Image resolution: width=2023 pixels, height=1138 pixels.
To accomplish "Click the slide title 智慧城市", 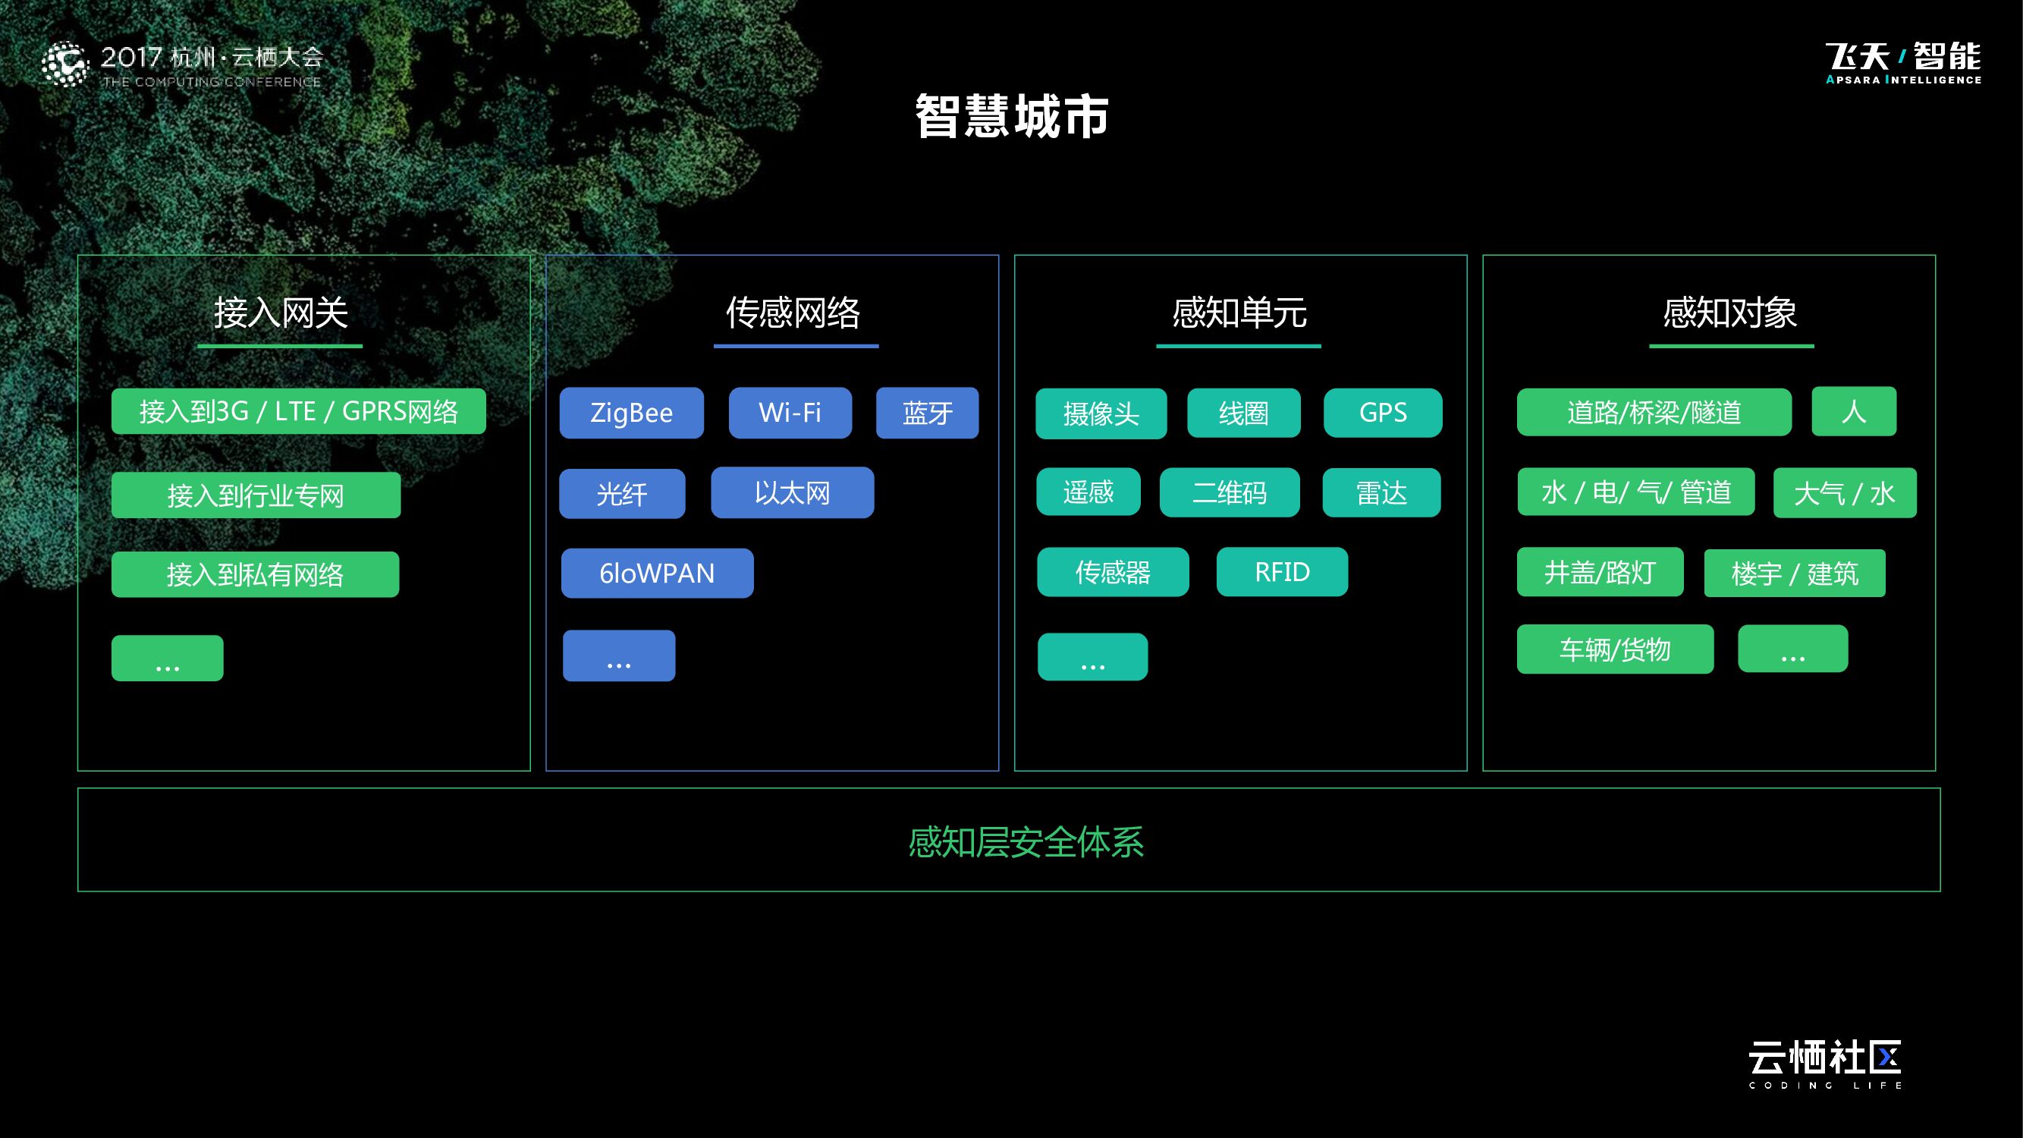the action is click(x=1012, y=116).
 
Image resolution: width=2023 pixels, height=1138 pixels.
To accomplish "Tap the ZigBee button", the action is click(x=631, y=412).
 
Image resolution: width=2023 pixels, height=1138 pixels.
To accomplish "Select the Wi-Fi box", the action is click(x=790, y=412).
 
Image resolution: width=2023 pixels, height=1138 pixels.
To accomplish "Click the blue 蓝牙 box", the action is click(x=927, y=412).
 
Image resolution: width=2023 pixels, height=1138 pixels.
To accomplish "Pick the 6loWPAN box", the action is click(x=657, y=574).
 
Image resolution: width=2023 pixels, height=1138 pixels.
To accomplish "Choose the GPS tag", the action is click(x=1382, y=412).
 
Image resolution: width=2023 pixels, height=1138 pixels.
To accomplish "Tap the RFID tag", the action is click(x=1282, y=572).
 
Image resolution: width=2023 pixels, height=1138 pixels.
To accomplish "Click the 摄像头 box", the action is click(x=1101, y=413).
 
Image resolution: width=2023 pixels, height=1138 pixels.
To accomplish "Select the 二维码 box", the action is click(x=1229, y=492).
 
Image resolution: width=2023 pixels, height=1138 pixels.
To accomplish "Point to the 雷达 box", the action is click(x=1381, y=492).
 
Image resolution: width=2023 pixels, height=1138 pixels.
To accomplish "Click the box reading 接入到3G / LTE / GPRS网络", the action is click(x=298, y=410).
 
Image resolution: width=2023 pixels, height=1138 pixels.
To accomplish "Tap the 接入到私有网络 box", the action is click(x=255, y=574).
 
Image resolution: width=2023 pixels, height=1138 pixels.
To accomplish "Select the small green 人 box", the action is click(x=1853, y=410).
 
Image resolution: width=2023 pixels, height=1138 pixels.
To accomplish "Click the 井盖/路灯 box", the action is click(x=1600, y=572).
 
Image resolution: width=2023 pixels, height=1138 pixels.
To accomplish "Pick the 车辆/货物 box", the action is click(x=1615, y=649).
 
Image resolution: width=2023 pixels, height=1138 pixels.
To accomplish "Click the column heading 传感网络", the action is click(x=793, y=313).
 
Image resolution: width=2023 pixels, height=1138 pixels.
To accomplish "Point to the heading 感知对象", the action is click(x=1729, y=313).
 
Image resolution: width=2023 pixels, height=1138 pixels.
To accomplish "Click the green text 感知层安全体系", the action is click(x=1026, y=842).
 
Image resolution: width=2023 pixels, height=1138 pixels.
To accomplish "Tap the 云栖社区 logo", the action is click(x=1824, y=1064).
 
